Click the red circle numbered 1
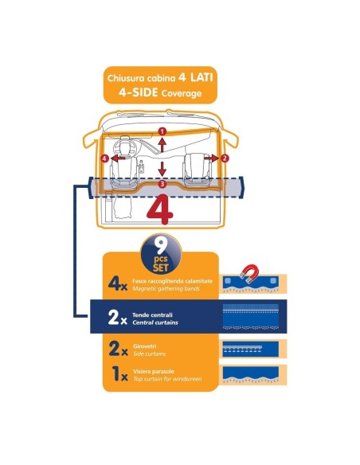(162, 130)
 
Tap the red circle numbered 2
(225, 158)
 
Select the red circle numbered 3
(162, 185)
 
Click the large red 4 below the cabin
(162, 208)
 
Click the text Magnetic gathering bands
(168, 287)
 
